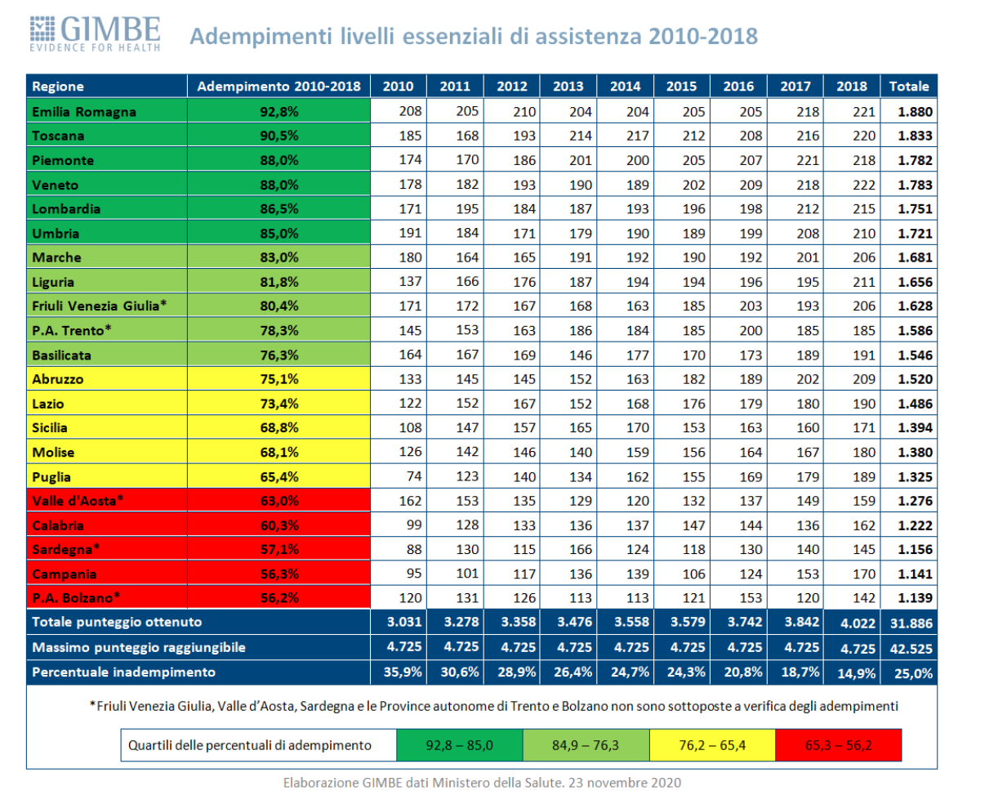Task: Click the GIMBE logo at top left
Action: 95,33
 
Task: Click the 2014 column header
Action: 625,87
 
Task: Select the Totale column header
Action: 908,87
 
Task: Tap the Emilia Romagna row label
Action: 84,112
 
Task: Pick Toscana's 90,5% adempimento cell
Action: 278,136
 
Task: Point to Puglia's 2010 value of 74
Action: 414,476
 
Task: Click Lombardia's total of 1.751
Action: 915,209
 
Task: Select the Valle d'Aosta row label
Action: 78,501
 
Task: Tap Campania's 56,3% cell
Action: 278,574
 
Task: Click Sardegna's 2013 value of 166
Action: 580,549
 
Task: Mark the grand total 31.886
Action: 911,623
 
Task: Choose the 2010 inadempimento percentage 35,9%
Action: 403,672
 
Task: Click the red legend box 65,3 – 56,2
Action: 839,745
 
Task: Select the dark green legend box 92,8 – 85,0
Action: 460,745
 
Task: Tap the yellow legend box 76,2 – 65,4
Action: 712,745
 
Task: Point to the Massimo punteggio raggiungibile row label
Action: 139,647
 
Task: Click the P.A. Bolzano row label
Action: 76,598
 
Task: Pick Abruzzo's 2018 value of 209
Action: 863,379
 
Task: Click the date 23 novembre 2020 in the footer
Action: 625,783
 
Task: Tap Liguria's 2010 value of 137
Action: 410,282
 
